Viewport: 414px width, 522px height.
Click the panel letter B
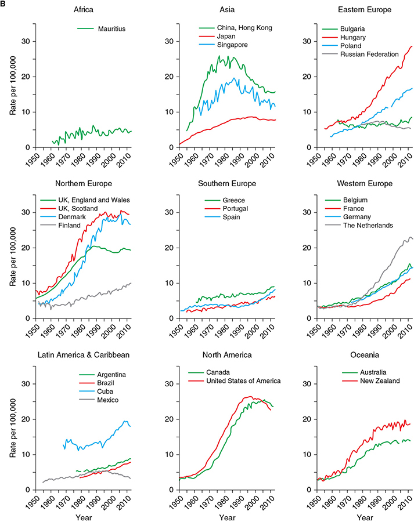3,4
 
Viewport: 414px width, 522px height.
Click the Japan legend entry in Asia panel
229,37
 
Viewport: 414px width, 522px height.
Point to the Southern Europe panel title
225,184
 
